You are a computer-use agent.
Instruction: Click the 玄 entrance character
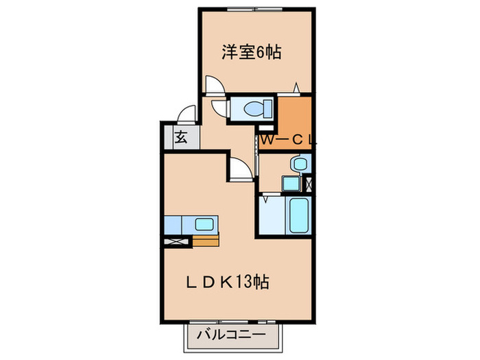(180, 137)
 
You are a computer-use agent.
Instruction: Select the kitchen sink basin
(204, 224)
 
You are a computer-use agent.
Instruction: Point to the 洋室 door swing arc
(214, 84)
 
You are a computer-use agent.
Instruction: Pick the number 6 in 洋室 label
(263, 51)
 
